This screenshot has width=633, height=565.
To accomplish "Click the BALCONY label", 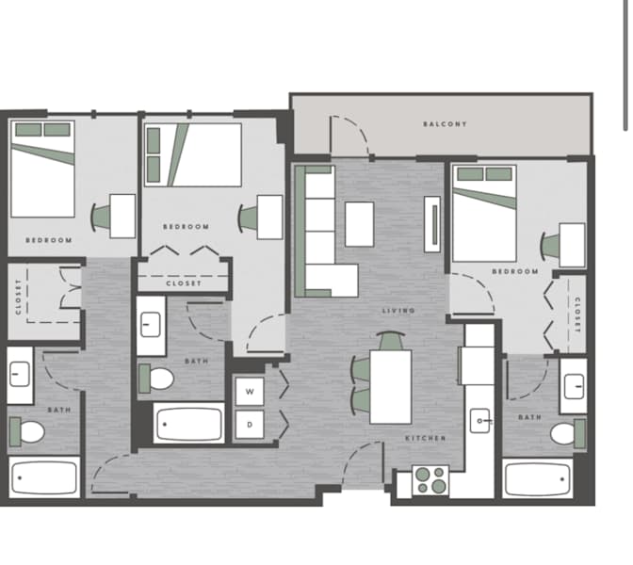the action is click(445, 124).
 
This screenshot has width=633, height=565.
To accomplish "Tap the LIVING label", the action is click(398, 311).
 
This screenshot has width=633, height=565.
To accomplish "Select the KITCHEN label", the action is click(426, 438).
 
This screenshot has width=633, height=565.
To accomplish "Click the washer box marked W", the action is click(250, 392).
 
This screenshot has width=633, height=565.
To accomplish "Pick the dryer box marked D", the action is click(250, 425).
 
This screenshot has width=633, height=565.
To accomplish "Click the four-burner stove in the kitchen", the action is click(430, 480).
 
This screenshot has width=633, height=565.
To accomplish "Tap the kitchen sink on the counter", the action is click(480, 421).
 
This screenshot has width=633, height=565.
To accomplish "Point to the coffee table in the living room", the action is click(359, 224).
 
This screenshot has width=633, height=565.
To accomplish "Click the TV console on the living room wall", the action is click(432, 224).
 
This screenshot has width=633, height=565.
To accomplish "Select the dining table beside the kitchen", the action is click(391, 387).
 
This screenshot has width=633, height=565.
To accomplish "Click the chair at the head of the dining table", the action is click(390, 341).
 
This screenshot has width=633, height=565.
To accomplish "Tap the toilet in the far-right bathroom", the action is click(568, 433).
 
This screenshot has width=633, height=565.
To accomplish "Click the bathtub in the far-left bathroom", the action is click(44, 478).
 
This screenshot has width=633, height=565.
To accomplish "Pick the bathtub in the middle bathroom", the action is click(189, 424).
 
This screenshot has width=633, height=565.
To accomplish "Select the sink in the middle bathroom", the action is click(150, 325).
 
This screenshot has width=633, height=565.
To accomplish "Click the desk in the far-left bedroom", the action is click(122, 216).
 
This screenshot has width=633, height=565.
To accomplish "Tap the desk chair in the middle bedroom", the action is click(248, 218).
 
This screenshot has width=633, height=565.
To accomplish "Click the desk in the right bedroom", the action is click(572, 245).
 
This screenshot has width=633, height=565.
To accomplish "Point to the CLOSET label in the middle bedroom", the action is click(184, 282).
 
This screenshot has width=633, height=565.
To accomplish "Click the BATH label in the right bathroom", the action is click(529, 417).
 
